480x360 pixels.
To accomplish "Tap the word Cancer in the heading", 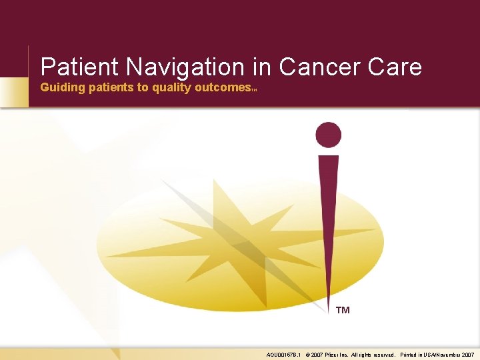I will (317, 67).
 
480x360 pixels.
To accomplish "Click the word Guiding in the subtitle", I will (61, 87).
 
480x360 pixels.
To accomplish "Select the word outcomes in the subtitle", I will (221, 87).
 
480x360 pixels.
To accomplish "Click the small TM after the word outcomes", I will (254, 89).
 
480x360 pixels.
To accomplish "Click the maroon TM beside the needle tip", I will (343, 310).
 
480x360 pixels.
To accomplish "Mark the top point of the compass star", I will (214, 181).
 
